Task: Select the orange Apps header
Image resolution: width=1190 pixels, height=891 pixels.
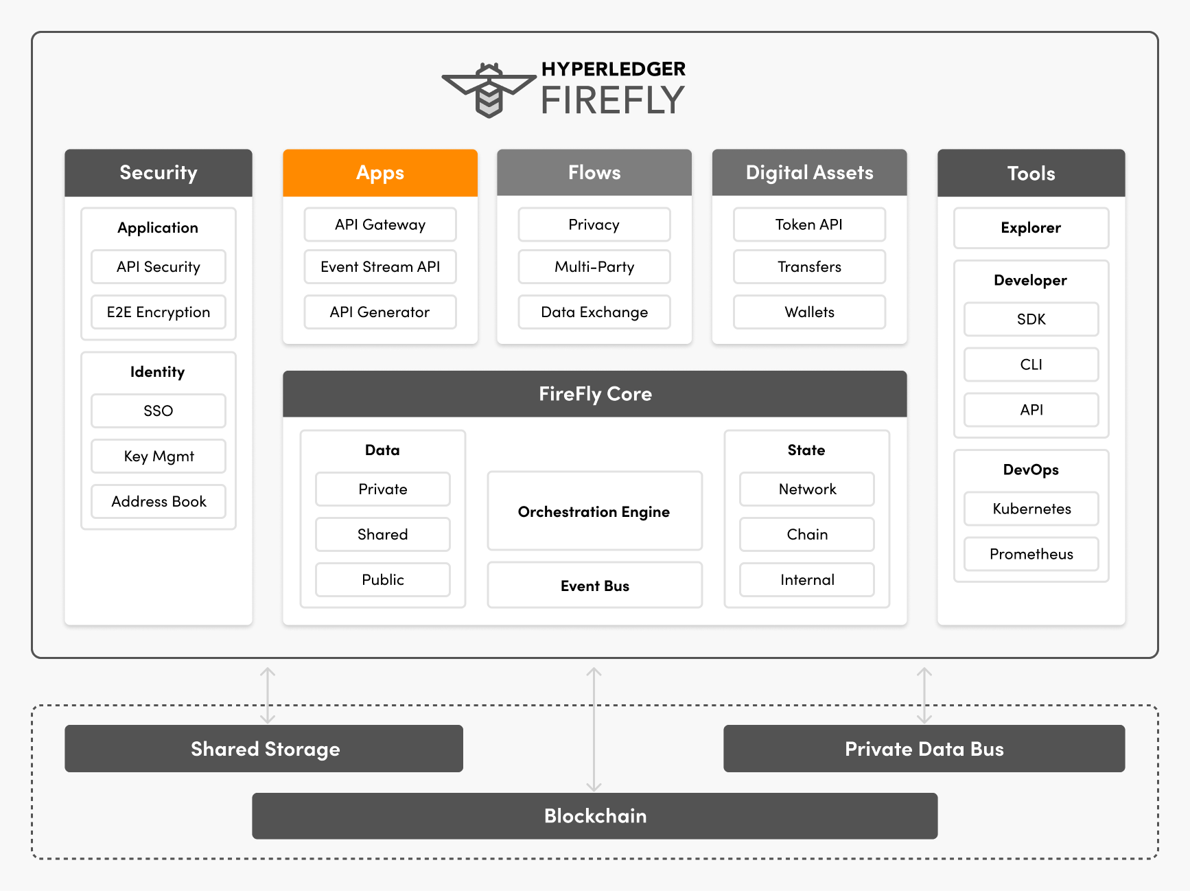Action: (x=380, y=173)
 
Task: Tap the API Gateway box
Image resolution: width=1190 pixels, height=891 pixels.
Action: (x=380, y=225)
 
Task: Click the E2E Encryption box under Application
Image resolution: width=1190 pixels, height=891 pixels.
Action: (x=158, y=312)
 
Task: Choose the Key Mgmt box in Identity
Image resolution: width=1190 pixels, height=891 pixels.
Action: (x=158, y=456)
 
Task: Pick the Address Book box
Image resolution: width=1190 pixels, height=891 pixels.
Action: (x=158, y=502)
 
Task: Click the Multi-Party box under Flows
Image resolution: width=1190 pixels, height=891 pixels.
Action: (x=594, y=267)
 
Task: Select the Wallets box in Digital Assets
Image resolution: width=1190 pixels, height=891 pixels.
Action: (x=809, y=312)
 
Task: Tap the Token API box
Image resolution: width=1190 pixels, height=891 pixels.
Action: (x=809, y=225)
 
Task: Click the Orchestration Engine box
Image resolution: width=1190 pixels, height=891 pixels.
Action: (x=594, y=511)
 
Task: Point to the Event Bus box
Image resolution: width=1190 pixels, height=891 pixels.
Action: (x=594, y=586)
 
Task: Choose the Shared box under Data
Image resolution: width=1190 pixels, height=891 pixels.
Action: (x=382, y=535)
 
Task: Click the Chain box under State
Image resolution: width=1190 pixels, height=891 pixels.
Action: (x=806, y=535)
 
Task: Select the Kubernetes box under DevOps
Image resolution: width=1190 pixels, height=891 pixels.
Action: (x=1031, y=509)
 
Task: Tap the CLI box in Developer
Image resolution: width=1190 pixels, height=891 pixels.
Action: (x=1031, y=364)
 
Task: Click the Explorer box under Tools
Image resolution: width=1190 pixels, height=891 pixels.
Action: (x=1031, y=228)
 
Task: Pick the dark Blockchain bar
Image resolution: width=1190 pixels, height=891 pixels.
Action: (x=594, y=816)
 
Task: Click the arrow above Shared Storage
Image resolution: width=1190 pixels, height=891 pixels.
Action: (x=268, y=695)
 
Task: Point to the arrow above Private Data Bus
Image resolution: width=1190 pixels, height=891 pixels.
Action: (x=924, y=695)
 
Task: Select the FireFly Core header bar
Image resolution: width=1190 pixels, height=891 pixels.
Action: (x=594, y=394)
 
